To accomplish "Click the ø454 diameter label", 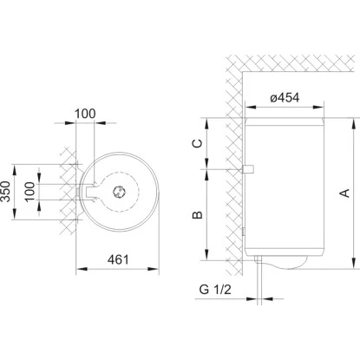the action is pos(285,97).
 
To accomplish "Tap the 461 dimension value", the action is pos(118,259).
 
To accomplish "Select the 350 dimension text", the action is pos(5,192).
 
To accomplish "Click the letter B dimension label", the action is pos(198,215).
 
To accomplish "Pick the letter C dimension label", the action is pos(198,143).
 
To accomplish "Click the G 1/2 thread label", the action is pos(215,289).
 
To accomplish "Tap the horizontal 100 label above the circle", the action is pos(85,114).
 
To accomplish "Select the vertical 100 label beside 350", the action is pos(29,192).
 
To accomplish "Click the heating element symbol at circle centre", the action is pos(119,192).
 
